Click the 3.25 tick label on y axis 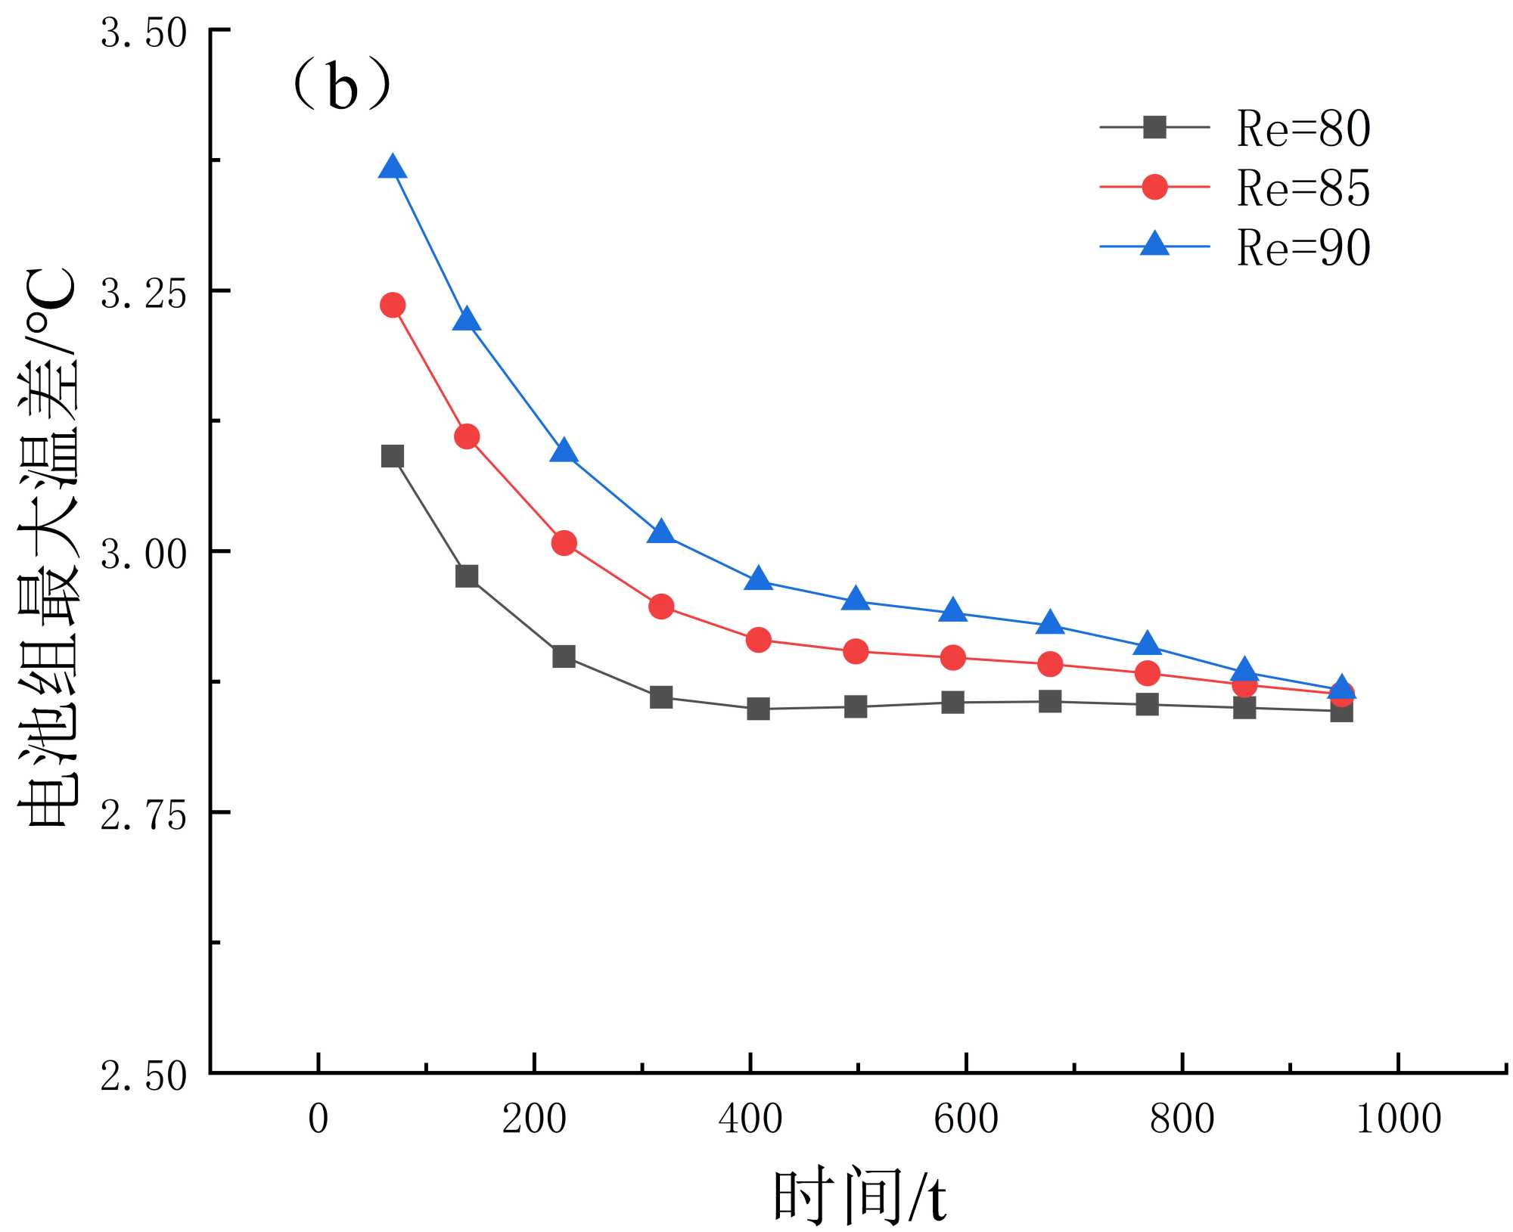(x=144, y=293)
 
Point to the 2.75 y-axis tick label (x=144, y=815)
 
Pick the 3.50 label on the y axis (x=144, y=33)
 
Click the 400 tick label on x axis (x=750, y=1119)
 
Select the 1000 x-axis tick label (x=1398, y=1119)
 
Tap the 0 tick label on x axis (x=318, y=1119)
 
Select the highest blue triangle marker (x=392, y=167)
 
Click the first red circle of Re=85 (x=392, y=305)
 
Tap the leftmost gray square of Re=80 (x=392, y=456)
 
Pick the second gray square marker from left (x=467, y=576)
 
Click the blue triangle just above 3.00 (x=661, y=532)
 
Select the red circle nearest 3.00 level (x=564, y=543)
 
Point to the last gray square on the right (x=1341, y=711)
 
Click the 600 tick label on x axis (x=966, y=1119)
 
